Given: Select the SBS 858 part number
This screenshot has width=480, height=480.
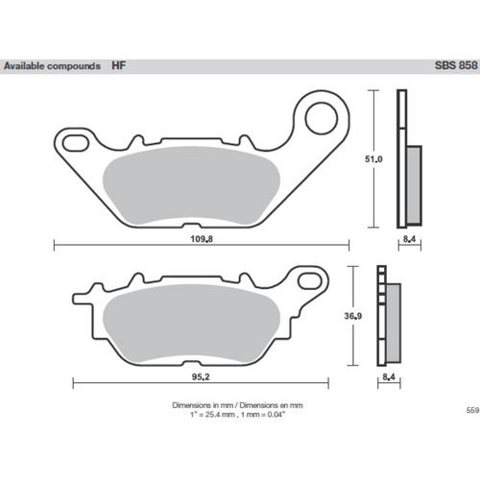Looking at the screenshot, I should pos(455,67).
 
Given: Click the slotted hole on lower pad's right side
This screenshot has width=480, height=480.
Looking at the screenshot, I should pos(311,282).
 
